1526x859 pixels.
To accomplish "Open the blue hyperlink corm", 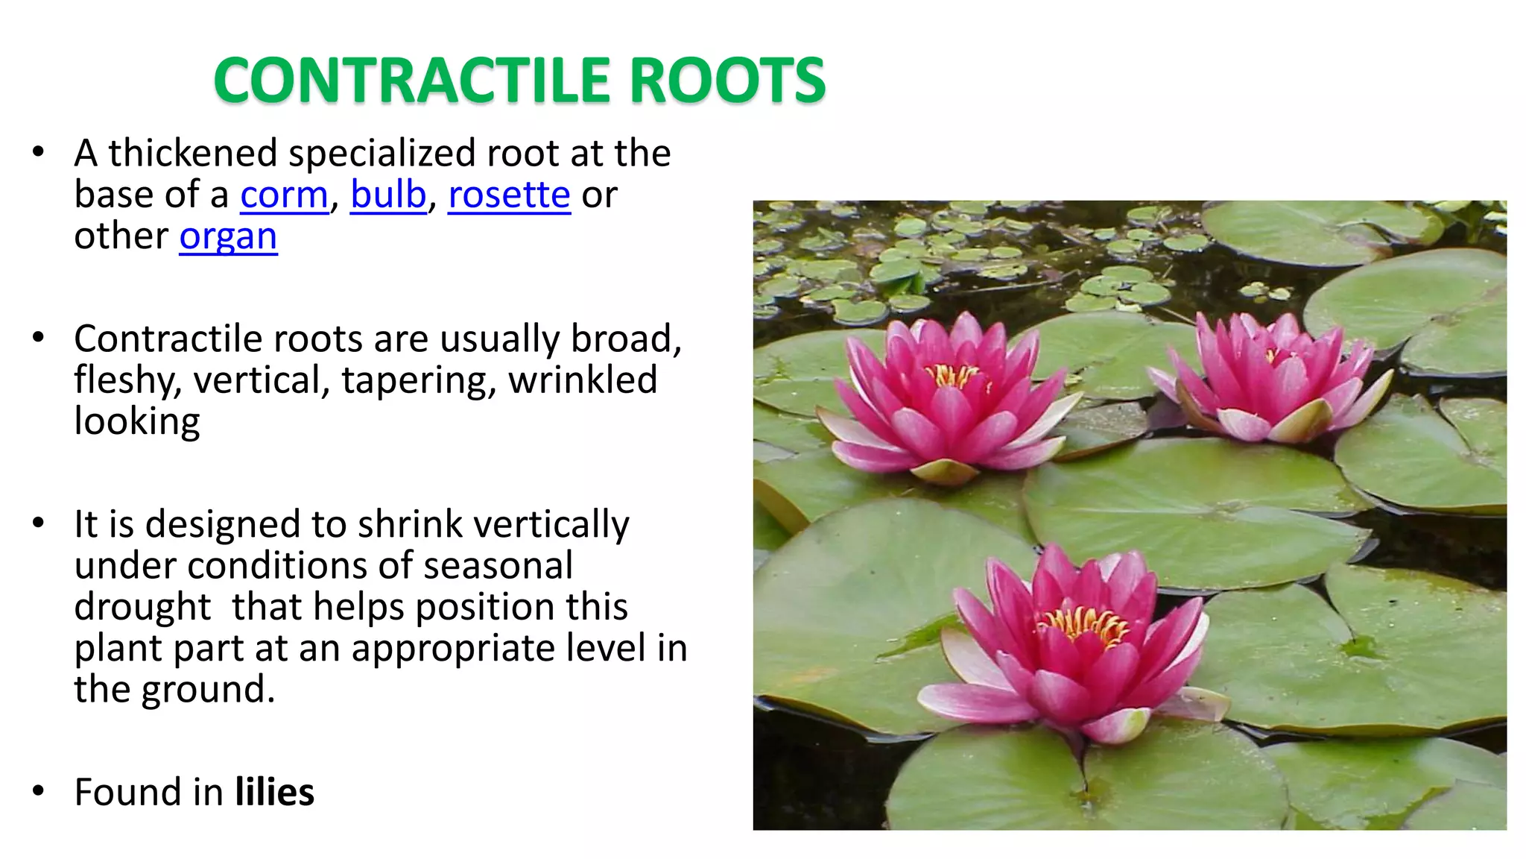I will pos(284,196).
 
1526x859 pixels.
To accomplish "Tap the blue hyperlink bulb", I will pos(388,195).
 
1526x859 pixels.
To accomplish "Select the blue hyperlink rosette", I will pos(509,196).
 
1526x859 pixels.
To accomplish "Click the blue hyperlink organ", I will pos(228,238).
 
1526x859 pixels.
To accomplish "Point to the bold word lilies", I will pos(274,792).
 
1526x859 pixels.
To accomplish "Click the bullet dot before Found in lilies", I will pos(39,791).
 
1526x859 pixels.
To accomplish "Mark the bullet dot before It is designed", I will pos(39,523).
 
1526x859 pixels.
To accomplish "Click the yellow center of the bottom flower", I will pos(1084,625).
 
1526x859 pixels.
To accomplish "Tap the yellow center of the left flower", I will pos(954,375).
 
